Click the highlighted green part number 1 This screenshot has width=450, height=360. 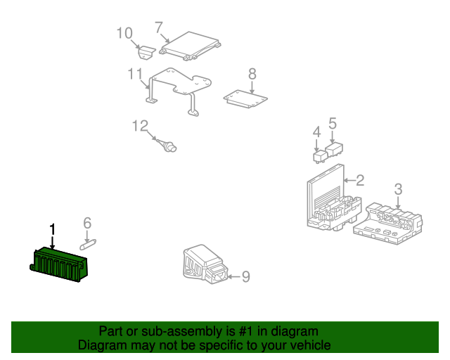click(x=59, y=264)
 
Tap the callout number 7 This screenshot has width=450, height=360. click(x=159, y=28)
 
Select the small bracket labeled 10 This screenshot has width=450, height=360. click(x=147, y=52)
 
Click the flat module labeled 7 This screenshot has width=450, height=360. click(x=190, y=46)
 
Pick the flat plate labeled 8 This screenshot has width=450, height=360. click(x=245, y=99)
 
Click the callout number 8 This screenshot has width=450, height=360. click(x=252, y=74)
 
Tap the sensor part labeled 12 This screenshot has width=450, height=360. click(x=167, y=146)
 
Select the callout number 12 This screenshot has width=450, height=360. click(x=141, y=126)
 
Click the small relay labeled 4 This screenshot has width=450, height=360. click(x=320, y=157)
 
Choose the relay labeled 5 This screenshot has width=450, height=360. click(x=334, y=150)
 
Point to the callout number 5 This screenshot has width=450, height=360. click(x=333, y=124)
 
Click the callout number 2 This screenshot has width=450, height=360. click(x=360, y=180)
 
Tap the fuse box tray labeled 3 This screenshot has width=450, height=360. click(x=387, y=224)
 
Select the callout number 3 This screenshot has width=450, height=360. click(x=398, y=189)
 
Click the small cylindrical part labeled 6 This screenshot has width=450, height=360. click(x=88, y=245)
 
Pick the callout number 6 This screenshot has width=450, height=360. click(x=87, y=224)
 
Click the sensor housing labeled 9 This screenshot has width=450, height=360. click(x=205, y=264)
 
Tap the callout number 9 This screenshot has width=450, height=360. click(x=246, y=276)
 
